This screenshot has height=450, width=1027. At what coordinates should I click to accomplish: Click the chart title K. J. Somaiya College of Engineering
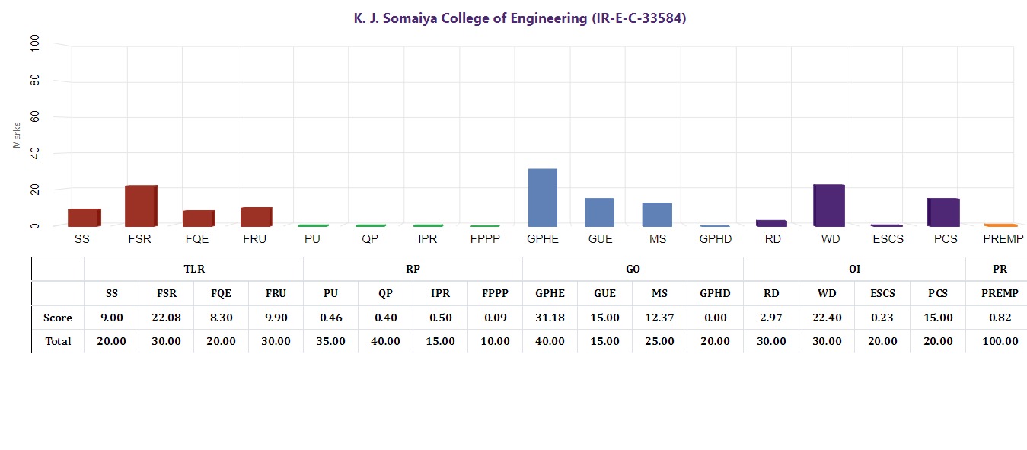click(520, 18)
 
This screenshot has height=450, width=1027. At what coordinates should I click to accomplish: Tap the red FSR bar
click(141, 206)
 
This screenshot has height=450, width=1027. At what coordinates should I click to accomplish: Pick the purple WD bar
click(828, 206)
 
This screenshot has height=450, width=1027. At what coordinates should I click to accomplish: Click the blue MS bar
click(657, 214)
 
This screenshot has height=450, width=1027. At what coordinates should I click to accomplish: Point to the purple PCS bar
click(944, 212)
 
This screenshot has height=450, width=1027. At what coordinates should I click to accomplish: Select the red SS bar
click(84, 217)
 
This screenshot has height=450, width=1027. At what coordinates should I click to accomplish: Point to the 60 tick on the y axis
click(34, 117)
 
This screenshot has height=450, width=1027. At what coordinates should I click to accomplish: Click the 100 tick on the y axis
click(34, 46)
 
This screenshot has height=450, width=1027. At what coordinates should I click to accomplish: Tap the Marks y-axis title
click(17, 135)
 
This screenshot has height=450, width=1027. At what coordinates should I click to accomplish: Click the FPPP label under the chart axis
click(485, 239)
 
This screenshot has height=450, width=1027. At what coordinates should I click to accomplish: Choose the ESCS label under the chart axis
click(887, 239)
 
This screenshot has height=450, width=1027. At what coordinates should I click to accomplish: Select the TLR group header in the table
click(194, 269)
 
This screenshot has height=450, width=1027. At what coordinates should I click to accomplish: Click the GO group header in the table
click(633, 269)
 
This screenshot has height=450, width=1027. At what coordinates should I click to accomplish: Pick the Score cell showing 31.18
click(550, 318)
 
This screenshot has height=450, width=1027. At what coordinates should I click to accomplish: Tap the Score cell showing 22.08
click(166, 318)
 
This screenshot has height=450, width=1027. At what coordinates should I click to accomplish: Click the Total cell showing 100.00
click(996, 341)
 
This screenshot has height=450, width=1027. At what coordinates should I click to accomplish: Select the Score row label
click(58, 318)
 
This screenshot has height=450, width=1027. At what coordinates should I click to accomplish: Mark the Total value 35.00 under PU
click(330, 341)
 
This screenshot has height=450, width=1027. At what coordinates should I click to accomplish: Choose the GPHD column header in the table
click(715, 293)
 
